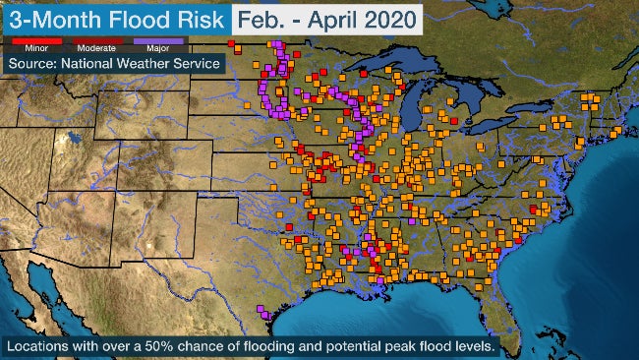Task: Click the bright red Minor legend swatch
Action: (29, 41)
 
